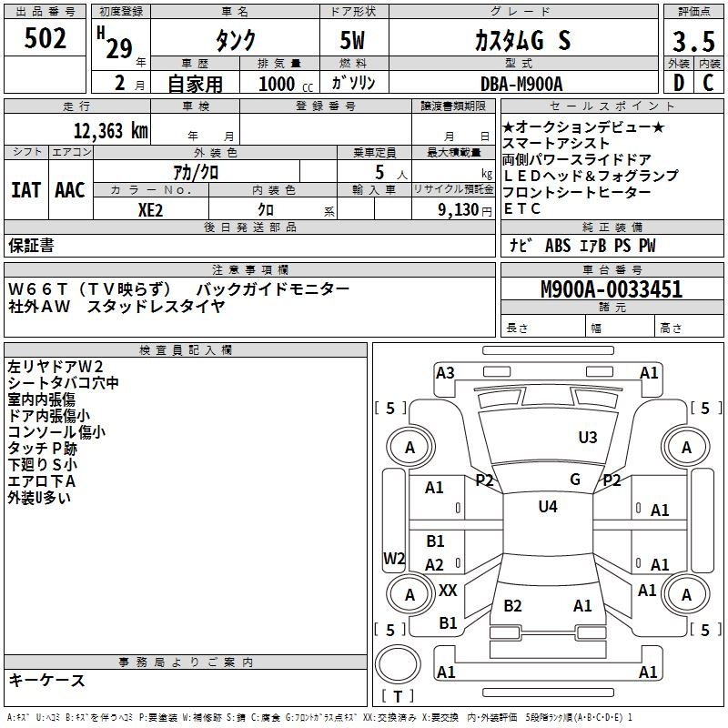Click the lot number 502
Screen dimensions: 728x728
click(x=45, y=38)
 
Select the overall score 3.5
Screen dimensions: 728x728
click(x=693, y=41)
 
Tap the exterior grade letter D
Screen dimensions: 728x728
click(x=679, y=83)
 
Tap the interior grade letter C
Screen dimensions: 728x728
click(x=708, y=83)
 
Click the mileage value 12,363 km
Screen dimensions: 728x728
click(x=110, y=131)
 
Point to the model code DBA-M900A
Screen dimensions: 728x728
click(x=521, y=84)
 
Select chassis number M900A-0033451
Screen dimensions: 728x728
click(x=612, y=289)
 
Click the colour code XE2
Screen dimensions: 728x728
click(x=150, y=210)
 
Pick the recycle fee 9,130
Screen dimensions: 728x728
click(x=459, y=210)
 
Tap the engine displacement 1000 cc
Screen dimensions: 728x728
click(x=286, y=84)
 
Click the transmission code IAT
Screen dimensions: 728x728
click(x=25, y=190)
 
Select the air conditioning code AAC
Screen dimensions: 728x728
click(x=70, y=190)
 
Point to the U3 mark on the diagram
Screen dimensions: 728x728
click(x=587, y=437)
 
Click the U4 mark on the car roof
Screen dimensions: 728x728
click(x=548, y=506)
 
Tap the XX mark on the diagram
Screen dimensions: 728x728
click(x=448, y=590)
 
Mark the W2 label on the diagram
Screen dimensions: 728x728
click(x=394, y=558)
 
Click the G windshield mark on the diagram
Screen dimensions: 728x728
click(x=575, y=480)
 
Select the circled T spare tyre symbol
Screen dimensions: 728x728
click(x=398, y=664)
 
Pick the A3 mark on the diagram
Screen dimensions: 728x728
click(x=445, y=373)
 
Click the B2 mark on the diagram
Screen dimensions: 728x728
click(x=512, y=605)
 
